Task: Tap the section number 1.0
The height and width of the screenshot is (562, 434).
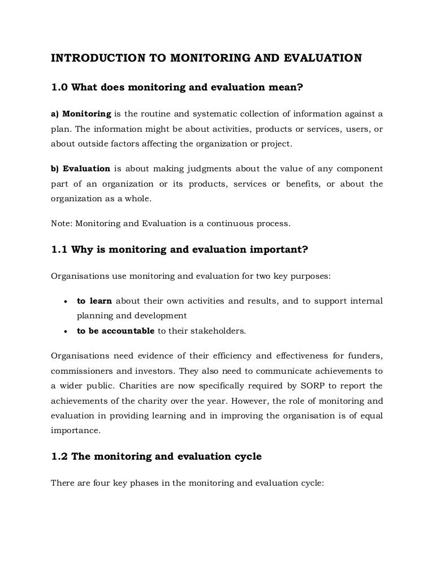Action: pos(59,87)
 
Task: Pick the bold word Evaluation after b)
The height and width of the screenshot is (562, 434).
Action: pos(86,169)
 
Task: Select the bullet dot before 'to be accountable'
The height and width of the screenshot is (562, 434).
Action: pos(67,331)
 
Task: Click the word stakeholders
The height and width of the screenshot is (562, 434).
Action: pos(217,331)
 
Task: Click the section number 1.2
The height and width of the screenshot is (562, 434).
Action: pos(59,456)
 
